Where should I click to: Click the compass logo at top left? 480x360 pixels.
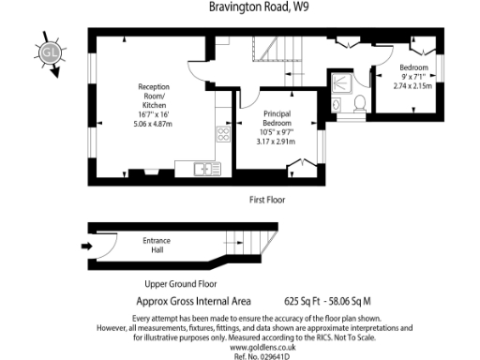point(50,53)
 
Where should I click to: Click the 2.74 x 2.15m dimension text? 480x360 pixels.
point(413,85)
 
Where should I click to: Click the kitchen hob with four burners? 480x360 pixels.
point(223,133)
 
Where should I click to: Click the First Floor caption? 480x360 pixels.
point(267,200)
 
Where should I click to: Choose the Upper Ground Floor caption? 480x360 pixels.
point(181,283)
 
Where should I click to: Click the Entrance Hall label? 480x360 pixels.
point(157,246)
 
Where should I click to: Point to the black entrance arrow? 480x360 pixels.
point(87,247)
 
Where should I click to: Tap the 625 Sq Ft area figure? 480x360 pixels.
point(301,302)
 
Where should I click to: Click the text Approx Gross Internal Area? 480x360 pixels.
point(194,302)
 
